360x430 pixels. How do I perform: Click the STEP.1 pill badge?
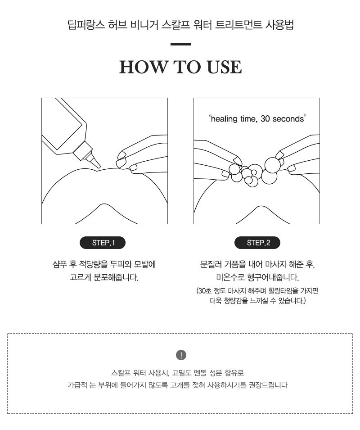[x=103, y=243]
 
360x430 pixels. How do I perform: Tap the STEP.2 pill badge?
[x=257, y=243]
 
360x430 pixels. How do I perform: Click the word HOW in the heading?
[x=143, y=67]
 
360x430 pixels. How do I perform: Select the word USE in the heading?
[x=224, y=67]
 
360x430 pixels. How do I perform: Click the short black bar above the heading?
[x=180, y=44]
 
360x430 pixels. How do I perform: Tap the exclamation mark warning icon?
[x=181, y=355]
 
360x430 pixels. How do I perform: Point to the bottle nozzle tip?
[x=99, y=166]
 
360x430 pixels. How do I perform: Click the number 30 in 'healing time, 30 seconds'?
[x=265, y=119]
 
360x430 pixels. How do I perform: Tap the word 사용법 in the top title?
[x=279, y=25]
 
